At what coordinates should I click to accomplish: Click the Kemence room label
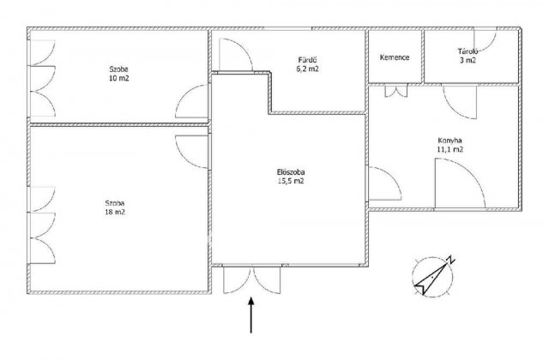coord(395,57)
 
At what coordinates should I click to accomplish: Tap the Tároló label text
coord(468,51)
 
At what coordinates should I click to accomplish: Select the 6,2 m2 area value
coord(308,69)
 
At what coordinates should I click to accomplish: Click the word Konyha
coord(449,141)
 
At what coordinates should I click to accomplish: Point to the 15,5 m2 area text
coord(290,181)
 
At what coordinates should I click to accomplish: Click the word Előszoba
coord(291,172)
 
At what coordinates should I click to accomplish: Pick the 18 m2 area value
coord(115,212)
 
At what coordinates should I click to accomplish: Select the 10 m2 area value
coord(119,78)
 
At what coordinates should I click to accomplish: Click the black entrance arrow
coord(251,315)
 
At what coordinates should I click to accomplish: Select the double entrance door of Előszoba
coord(251,280)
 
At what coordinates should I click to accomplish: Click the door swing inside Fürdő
coord(236,55)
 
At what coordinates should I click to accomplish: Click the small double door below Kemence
coord(396,91)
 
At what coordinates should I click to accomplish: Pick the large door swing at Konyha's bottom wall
coord(460,183)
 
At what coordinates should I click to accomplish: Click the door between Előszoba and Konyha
coord(384,183)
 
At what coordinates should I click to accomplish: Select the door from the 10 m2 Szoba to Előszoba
coord(192,101)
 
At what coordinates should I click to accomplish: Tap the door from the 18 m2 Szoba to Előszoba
coord(192,152)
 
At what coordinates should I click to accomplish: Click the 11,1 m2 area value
coord(450,150)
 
